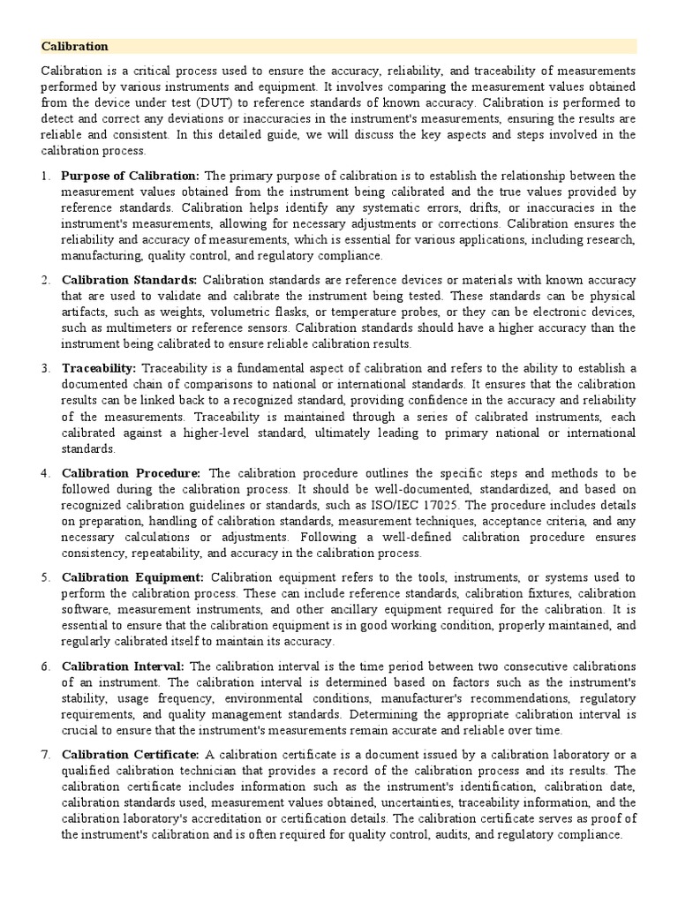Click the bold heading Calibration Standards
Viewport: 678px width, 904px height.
[x=130, y=280]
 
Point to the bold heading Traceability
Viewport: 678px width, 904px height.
[x=99, y=368]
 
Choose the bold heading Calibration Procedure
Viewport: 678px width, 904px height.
[x=131, y=473]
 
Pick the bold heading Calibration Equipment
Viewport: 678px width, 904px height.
[x=132, y=577]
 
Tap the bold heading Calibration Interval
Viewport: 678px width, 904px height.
[x=123, y=666]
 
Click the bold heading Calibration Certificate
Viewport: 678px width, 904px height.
[x=130, y=754]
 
